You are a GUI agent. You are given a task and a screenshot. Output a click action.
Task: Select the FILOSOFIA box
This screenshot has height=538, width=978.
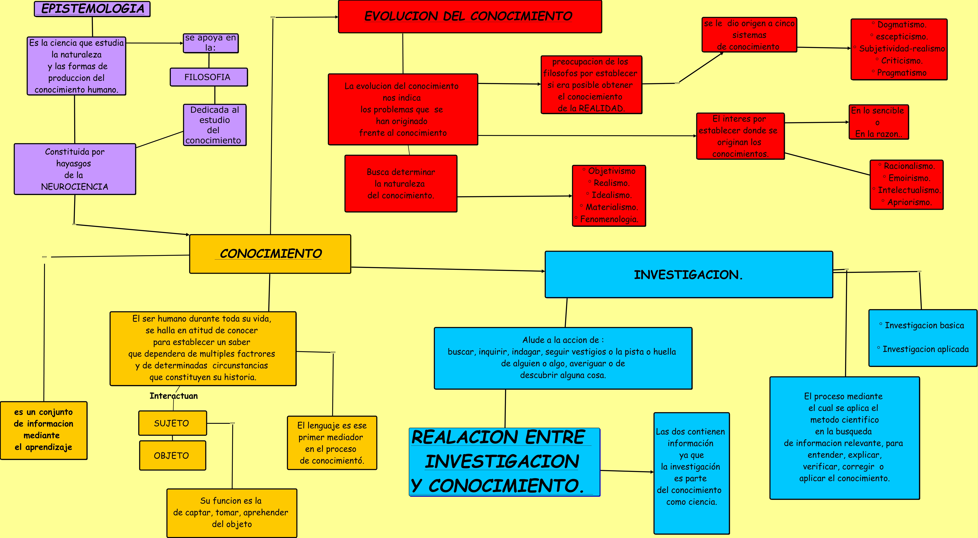click(x=208, y=77)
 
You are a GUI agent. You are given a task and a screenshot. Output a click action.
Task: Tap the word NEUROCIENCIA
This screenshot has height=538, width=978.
click(x=74, y=187)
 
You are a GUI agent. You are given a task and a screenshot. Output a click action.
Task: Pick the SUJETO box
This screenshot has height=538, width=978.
click(x=172, y=423)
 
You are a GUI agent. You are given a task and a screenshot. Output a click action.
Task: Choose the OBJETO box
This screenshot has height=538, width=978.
click(x=172, y=455)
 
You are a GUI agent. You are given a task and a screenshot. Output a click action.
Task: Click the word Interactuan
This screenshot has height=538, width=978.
click(x=173, y=396)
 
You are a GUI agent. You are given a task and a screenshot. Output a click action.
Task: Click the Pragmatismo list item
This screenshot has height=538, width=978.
click(x=901, y=73)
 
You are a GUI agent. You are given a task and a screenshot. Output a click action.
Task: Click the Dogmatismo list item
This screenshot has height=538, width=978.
click(x=901, y=25)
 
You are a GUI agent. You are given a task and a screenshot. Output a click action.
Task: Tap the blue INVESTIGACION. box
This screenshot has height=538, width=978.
click(x=688, y=274)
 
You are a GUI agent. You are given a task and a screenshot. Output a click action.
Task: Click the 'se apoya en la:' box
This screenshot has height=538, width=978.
click(x=211, y=43)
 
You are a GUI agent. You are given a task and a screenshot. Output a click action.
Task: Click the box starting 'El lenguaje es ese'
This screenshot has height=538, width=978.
click(x=332, y=443)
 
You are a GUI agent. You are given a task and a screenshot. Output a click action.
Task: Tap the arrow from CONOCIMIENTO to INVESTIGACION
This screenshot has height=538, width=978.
click(x=448, y=269)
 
